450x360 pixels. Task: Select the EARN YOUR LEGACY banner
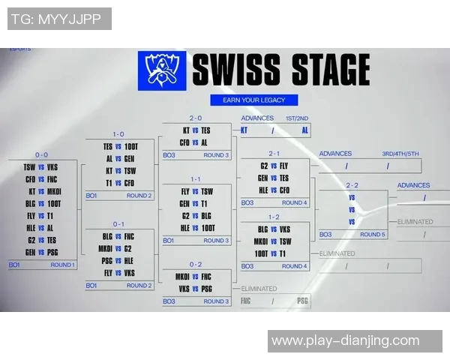(x=254, y=100)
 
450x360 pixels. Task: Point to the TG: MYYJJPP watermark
(x=58, y=19)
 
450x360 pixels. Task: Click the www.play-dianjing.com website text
(x=346, y=341)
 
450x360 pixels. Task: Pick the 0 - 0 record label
(x=41, y=154)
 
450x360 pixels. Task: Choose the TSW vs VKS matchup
(x=41, y=167)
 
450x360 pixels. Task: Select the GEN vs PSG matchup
(x=41, y=252)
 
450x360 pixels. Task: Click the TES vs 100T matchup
(x=120, y=147)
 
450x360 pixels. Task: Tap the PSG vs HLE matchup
(x=120, y=261)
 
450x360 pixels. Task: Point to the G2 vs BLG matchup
(x=196, y=215)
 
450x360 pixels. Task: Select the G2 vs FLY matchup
(x=274, y=166)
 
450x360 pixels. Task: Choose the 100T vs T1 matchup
(x=274, y=253)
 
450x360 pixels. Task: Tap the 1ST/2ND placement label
(x=295, y=118)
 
